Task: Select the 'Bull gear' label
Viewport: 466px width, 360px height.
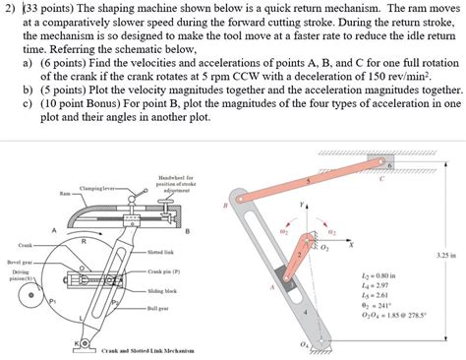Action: [160, 308]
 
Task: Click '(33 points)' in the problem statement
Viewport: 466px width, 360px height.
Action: [47, 9]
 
